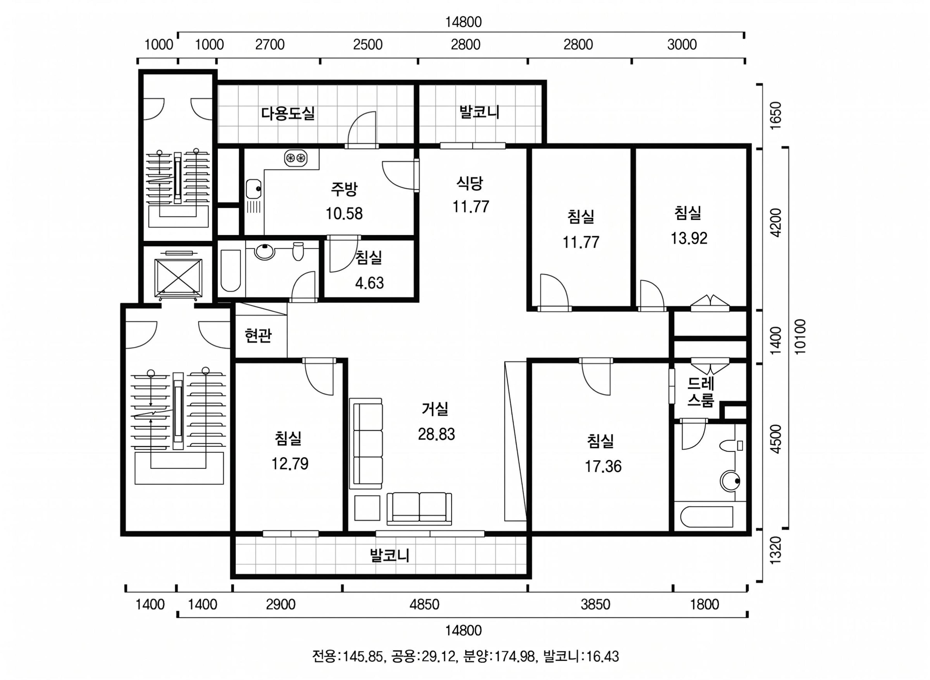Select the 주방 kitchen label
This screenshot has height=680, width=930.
344,188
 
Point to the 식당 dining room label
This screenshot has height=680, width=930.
470,183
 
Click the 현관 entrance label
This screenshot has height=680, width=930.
258,336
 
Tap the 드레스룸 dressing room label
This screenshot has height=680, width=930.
700,392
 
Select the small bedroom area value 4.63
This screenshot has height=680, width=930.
369,283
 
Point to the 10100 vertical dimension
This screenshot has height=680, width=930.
799,337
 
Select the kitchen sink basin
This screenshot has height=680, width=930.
253,189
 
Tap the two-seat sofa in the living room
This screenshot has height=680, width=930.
419,508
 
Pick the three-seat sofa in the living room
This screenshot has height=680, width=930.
366,443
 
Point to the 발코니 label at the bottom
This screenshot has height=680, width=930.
389,555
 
